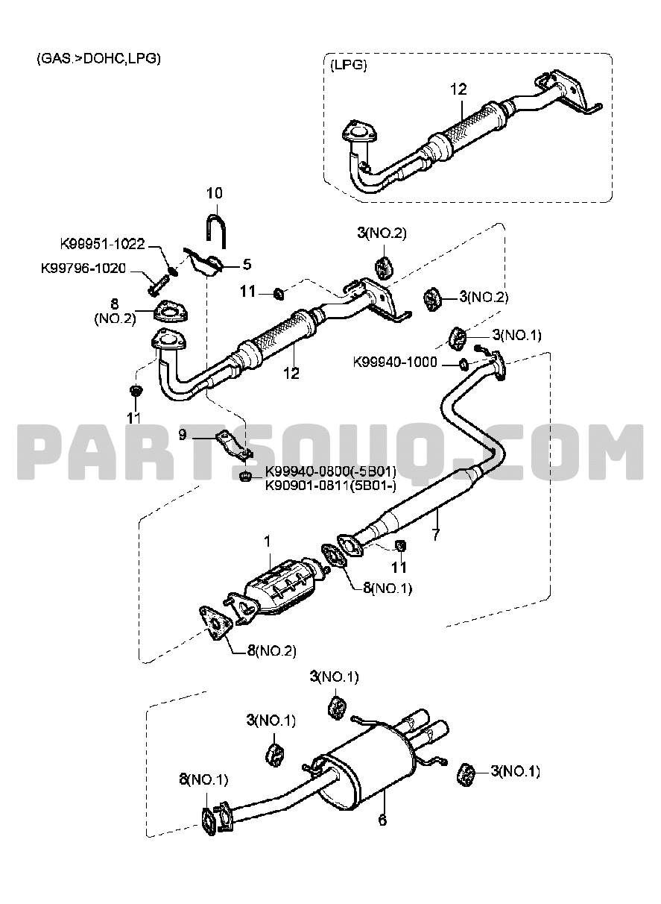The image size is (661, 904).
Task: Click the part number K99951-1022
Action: coord(102,244)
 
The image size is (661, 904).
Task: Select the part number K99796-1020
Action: coord(83,266)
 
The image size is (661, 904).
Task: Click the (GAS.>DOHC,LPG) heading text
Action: coord(98,58)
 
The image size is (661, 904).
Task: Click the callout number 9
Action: coord(182,435)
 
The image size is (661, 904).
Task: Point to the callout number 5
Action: coord(246,263)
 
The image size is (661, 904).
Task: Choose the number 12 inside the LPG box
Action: coord(458,89)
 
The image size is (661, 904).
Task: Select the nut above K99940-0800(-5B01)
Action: coord(244,475)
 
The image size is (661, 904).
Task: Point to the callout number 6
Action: coord(383,818)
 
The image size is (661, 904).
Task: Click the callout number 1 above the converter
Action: coord(268,540)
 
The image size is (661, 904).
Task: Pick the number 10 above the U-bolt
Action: coord(214,194)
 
